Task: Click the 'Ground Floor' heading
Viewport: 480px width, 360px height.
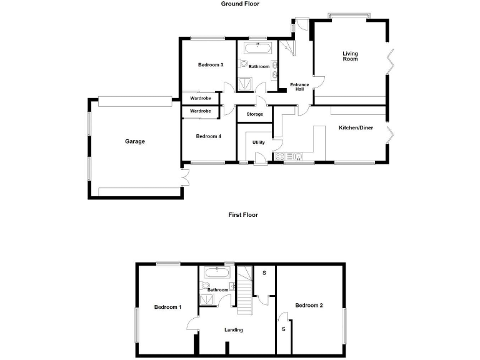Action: click(x=240, y=4)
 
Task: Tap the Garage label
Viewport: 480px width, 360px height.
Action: click(x=134, y=141)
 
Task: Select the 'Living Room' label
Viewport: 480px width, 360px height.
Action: click(x=350, y=56)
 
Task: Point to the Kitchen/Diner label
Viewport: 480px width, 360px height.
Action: click(x=356, y=128)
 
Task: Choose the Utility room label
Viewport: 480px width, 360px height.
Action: click(x=258, y=142)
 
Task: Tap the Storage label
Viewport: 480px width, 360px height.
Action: click(x=254, y=114)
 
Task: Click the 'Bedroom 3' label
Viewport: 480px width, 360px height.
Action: click(x=211, y=65)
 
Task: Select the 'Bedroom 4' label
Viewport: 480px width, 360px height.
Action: click(x=208, y=136)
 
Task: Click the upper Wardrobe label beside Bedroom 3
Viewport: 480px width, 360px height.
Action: click(x=201, y=98)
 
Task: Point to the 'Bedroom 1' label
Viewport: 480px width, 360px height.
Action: click(x=167, y=307)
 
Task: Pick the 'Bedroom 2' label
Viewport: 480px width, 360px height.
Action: click(x=309, y=306)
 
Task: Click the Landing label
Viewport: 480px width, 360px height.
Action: click(x=233, y=330)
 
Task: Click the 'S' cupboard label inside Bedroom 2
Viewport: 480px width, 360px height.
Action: click(x=283, y=329)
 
